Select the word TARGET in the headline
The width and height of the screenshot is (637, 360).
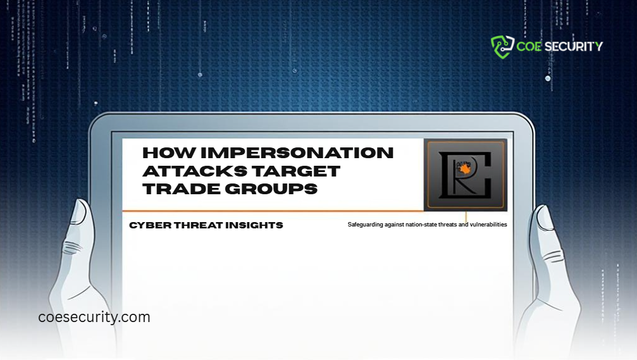300,171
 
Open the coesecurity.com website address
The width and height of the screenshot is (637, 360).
94,317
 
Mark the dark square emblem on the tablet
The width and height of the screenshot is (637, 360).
466,174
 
